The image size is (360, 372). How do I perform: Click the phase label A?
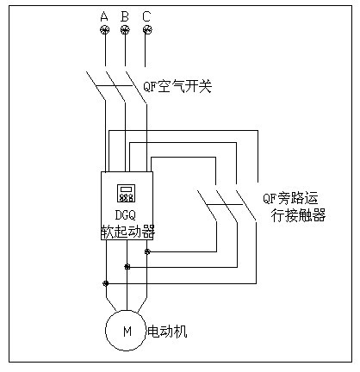(x=104, y=16)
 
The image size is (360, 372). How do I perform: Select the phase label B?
(x=126, y=16)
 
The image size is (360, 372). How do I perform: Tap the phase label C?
(x=146, y=16)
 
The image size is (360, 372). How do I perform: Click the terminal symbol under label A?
(x=104, y=31)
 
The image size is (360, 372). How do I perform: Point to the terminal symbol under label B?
(x=126, y=31)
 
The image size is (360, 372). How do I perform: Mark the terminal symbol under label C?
(x=146, y=31)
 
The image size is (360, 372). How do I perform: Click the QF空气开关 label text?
(x=177, y=87)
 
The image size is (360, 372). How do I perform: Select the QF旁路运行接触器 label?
(x=294, y=206)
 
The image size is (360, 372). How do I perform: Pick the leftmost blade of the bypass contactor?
(x=207, y=205)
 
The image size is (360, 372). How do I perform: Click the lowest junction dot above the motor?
(x=105, y=282)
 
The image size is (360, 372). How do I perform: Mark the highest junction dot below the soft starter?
(x=147, y=251)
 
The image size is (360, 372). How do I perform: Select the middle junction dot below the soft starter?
(x=127, y=267)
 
